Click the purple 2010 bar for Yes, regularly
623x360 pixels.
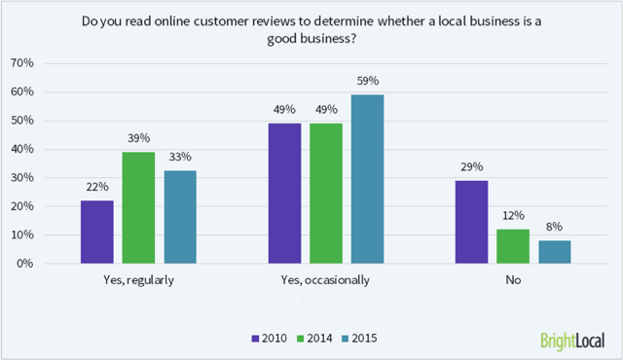point(97,232)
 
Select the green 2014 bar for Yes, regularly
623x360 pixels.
point(138,207)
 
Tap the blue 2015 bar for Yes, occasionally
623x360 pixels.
point(368,178)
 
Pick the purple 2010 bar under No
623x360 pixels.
point(472,222)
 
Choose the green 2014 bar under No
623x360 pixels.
point(513,246)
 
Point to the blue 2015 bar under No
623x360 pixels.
point(555,252)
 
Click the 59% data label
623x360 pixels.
point(368,82)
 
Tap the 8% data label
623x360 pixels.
point(555,228)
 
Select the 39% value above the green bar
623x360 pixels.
point(138,139)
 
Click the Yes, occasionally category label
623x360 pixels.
point(326,279)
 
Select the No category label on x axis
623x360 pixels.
point(513,279)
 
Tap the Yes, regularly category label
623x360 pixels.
point(138,279)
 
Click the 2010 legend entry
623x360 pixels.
point(271,338)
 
